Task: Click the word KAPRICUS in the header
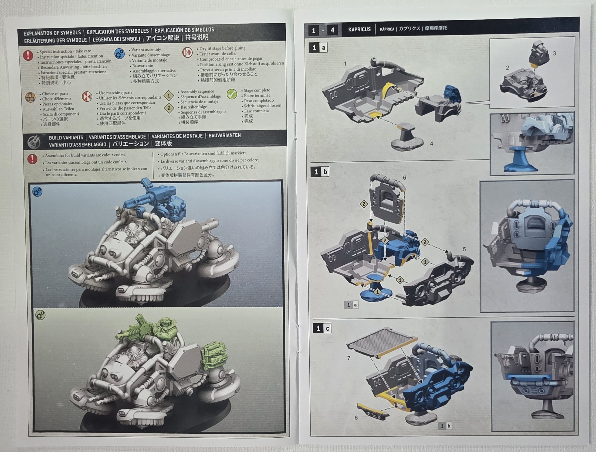point(359,29)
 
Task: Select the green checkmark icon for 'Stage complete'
point(232,94)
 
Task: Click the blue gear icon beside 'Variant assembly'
point(119,54)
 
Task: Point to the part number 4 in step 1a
point(431,144)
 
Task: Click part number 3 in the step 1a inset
point(554,53)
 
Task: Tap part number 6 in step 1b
point(404,178)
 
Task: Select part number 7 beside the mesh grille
point(349,358)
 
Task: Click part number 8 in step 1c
point(356,418)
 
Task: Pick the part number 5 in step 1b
point(464,249)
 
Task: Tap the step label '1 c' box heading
point(322,328)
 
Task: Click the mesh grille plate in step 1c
point(382,342)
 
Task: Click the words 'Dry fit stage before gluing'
point(222,48)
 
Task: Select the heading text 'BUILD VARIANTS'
point(66,137)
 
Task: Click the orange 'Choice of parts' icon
point(30,97)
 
